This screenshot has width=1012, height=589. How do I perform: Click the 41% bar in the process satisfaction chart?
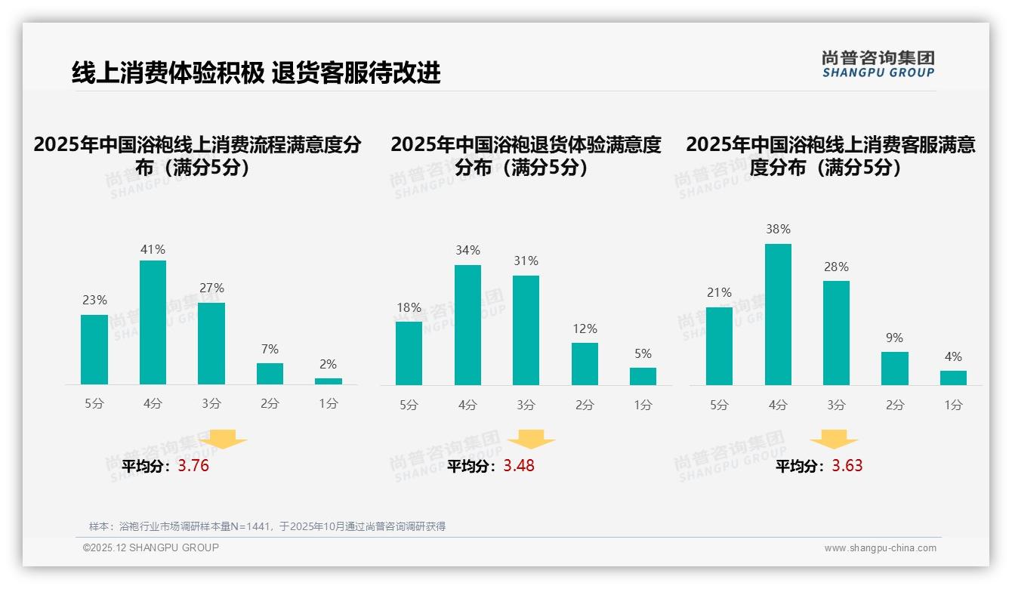[x=153, y=322]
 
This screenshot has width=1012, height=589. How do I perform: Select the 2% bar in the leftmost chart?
[x=329, y=381]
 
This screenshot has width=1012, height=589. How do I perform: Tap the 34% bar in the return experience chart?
[x=467, y=325]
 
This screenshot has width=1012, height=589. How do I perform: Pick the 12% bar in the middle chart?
[x=585, y=364]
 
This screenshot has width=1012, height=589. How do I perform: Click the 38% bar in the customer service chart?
[x=778, y=314]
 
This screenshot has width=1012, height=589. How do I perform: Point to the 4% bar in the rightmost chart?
[x=953, y=378]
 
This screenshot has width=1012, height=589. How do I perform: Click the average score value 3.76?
[x=193, y=466]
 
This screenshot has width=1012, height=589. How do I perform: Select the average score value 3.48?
[x=519, y=466]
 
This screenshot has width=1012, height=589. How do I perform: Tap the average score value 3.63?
[x=847, y=466]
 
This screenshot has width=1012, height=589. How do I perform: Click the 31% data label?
[x=526, y=261]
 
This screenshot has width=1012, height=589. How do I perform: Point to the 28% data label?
[x=836, y=267]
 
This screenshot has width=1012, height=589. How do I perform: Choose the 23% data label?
[x=94, y=301]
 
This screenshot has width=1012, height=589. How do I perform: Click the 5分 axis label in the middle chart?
[x=409, y=406]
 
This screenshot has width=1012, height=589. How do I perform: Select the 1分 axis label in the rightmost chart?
[x=953, y=406]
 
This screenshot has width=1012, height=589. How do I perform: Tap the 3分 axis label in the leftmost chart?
[x=211, y=404]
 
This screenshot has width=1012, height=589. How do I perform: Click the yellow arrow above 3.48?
[x=531, y=439]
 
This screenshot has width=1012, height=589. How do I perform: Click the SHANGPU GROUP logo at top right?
[x=878, y=64]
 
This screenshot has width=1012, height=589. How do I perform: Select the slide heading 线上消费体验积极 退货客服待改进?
[x=256, y=72]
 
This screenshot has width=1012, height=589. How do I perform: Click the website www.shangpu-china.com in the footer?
[x=880, y=548]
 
